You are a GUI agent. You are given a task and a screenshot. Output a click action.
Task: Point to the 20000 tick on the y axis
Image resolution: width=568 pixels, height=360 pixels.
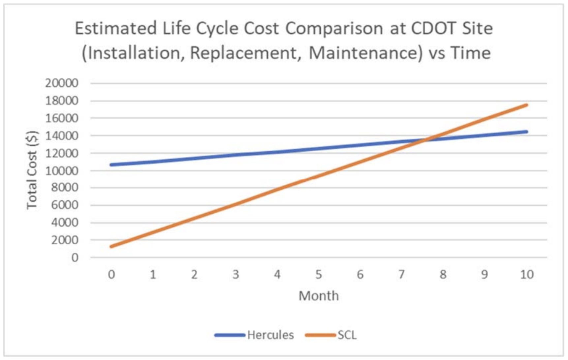[62, 83]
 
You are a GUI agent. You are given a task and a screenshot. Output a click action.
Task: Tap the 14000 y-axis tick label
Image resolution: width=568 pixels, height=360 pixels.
[62, 135]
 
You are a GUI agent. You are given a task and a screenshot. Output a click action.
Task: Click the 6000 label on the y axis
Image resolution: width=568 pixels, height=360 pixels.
[65, 205]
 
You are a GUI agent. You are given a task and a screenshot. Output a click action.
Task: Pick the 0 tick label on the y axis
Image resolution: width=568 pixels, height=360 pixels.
[75, 257]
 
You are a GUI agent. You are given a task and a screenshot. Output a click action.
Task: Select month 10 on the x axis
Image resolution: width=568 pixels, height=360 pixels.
[527, 274]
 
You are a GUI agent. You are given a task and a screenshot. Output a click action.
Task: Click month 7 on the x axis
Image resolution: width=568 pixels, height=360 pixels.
[401, 274]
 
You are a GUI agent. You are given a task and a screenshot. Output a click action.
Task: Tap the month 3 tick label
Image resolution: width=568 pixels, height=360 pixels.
[236, 274]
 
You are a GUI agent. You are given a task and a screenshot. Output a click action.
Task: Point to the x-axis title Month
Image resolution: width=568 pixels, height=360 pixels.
[319, 296]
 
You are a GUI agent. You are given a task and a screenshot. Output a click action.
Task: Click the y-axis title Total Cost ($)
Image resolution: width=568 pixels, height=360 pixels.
[32, 170]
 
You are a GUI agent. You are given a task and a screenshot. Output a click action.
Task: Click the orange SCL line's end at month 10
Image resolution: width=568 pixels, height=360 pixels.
[526, 105]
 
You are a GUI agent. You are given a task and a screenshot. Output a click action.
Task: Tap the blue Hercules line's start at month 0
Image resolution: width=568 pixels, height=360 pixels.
[111, 165]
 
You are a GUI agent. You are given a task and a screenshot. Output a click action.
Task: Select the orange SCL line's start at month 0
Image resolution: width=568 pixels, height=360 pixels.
[111, 246]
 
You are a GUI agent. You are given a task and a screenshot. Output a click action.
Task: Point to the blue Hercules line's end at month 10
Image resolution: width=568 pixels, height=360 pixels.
[526, 132]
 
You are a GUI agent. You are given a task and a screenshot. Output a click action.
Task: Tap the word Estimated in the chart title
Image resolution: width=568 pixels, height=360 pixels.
[115, 28]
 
